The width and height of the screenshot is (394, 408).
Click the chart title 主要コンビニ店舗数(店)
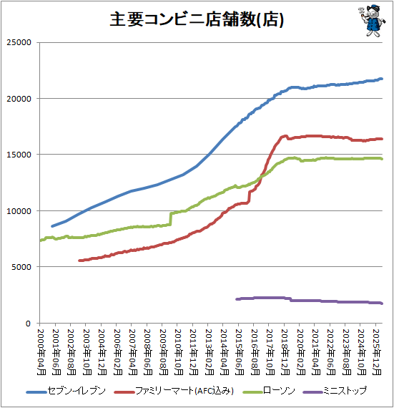(197, 19)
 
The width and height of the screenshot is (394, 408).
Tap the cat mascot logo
(372, 21)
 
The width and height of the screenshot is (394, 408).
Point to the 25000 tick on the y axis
(19, 42)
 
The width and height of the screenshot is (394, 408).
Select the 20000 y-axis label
(19, 99)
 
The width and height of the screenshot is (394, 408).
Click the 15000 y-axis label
(19, 155)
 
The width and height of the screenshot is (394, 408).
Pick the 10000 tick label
(19, 210)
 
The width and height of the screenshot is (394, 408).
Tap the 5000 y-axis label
(21, 267)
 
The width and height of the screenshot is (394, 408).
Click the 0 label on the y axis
(29, 324)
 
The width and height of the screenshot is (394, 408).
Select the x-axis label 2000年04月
(41, 352)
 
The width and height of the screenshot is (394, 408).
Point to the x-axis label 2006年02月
(118, 352)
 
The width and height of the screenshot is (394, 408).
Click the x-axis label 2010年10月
(179, 352)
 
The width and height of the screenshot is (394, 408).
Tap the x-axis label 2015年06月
(240, 352)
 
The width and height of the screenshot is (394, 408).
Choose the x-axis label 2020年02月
(301, 352)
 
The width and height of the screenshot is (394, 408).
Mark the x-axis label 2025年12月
(377, 352)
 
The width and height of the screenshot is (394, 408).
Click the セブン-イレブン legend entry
(66, 391)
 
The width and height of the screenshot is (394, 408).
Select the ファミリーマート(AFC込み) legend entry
(174, 391)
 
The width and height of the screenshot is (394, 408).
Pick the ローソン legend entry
(269, 391)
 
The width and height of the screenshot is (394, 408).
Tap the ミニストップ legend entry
(335, 391)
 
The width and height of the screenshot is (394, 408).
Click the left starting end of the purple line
(237, 299)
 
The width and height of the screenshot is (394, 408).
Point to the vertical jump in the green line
(171, 218)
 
